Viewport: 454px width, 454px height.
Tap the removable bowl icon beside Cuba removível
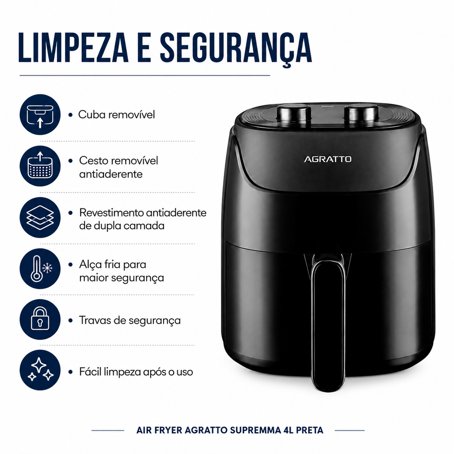(40, 115)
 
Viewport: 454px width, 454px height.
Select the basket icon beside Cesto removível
(40, 166)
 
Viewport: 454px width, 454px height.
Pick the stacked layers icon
(40, 217)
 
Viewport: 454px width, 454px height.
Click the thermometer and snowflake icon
(40, 268)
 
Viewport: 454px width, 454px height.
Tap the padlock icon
(40, 319)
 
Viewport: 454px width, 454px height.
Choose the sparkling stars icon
(40, 370)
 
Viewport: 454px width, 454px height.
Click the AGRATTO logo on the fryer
(328, 159)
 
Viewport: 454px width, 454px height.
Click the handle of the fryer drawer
(329, 324)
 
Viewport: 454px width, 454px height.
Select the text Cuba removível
(117, 114)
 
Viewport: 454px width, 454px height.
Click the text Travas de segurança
(130, 321)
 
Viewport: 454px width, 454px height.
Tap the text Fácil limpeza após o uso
(136, 372)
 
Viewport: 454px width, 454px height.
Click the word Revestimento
(111, 212)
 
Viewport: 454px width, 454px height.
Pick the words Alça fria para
(113, 265)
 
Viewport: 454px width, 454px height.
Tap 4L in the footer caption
(288, 430)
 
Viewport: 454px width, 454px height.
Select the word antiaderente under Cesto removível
(111, 174)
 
